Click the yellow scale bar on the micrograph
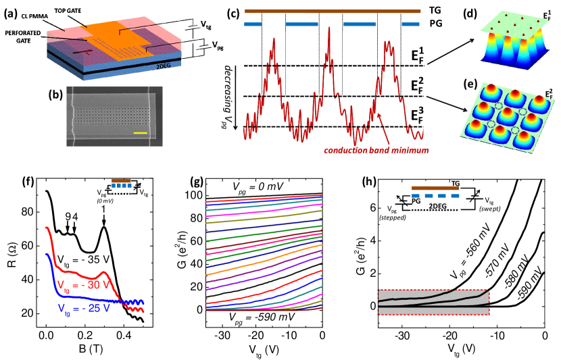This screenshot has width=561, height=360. [141, 133]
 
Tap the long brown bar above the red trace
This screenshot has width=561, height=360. [333, 11]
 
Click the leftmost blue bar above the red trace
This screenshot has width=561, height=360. [253, 24]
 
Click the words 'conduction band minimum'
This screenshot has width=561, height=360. [376, 151]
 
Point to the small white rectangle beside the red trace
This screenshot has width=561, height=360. [426, 132]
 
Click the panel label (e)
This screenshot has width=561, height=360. [471, 85]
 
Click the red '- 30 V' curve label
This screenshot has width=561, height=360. [82, 284]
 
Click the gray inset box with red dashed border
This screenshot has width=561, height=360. [433, 302]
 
